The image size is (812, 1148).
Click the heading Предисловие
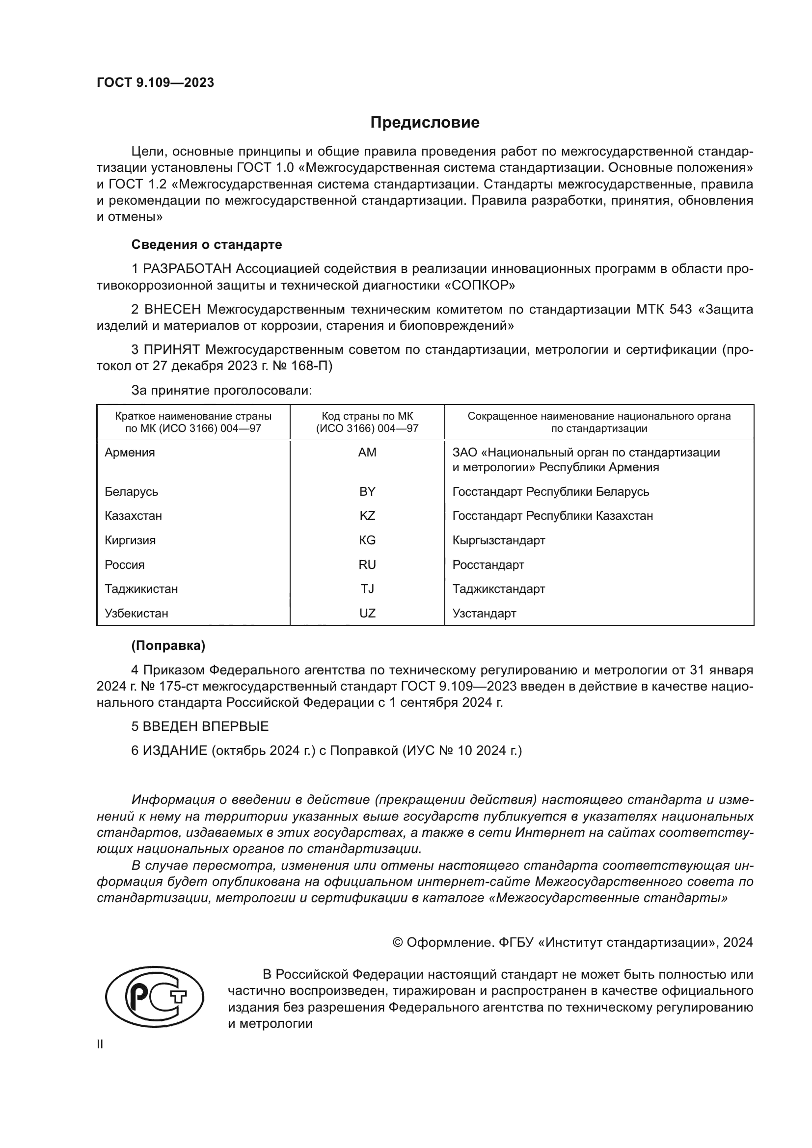tap(425, 123)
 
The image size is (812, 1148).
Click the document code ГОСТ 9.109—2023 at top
tap(155, 82)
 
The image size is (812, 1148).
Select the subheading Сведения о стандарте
tap(207, 244)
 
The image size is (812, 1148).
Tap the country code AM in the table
tap(367, 453)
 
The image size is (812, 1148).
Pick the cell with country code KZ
tap(367, 515)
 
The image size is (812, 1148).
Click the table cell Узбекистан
tap(136, 613)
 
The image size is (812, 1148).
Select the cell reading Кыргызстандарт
tap(498, 540)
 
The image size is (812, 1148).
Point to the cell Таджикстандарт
tap(498, 588)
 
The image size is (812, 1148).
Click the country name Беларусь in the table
tap(131, 491)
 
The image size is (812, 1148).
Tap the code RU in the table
tap(367, 564)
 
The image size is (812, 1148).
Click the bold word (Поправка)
tap(168, 645)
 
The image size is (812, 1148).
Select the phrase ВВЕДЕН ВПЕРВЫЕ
tap(206, 726)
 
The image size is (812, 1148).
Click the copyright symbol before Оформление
tap(398, 942)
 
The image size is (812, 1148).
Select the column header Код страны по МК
tap(367, 416)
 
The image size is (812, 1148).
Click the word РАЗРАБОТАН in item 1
tap(188, 269)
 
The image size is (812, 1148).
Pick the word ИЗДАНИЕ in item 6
tap(175, 750)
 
